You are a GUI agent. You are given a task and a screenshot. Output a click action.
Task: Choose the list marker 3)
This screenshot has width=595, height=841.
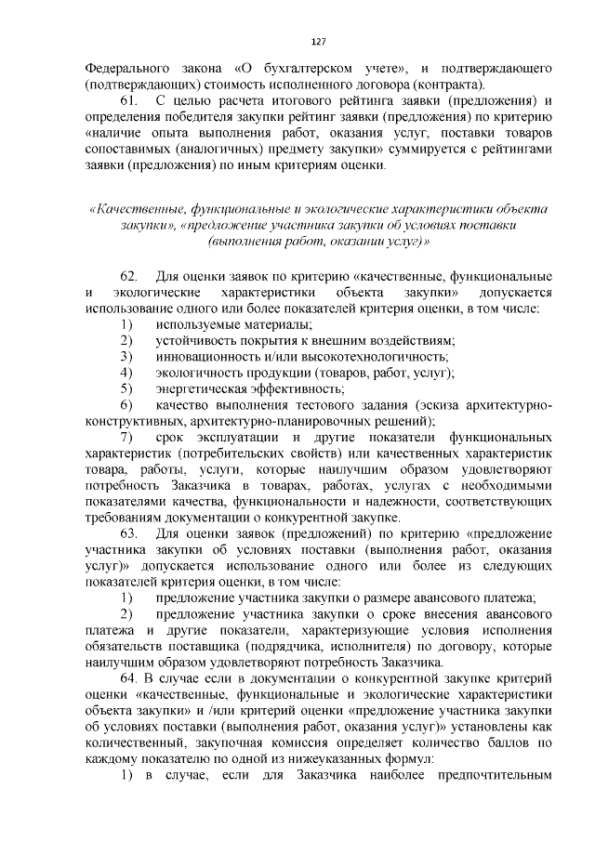126,357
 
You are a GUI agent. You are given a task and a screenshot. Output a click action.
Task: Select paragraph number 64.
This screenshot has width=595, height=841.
127,678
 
